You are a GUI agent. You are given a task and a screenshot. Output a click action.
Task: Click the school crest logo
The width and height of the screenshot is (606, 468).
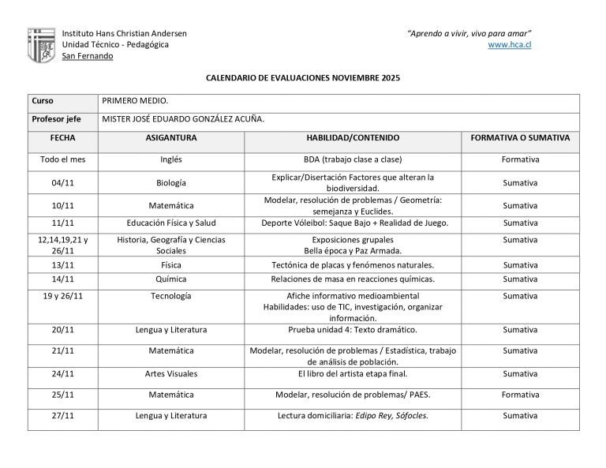41,45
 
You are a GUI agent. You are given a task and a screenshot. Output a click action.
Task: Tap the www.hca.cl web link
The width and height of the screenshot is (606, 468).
510,45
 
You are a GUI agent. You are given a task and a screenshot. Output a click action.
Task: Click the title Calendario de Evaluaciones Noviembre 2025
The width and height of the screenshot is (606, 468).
303,79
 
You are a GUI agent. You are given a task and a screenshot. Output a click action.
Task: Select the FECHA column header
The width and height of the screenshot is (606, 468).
63,137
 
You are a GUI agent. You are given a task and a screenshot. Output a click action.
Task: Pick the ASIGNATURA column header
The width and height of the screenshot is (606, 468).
171,137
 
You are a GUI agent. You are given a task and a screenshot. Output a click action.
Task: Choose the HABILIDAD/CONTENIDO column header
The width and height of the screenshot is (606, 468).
353,137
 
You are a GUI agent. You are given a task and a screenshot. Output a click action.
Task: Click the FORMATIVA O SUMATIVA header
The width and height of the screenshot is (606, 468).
520,137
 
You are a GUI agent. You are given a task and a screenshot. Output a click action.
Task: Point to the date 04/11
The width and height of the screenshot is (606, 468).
63,183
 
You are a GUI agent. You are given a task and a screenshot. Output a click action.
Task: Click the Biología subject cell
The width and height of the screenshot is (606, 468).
171,183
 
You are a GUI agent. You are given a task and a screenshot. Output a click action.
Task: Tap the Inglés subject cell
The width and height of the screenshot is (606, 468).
171,159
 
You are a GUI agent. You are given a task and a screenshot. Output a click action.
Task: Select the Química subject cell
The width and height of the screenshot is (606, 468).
171,279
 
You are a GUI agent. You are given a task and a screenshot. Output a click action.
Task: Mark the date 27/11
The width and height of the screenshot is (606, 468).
63,415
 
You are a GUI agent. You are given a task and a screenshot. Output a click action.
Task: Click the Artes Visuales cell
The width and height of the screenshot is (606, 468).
171,373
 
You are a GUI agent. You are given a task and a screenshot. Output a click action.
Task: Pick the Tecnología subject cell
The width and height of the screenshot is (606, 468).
171,296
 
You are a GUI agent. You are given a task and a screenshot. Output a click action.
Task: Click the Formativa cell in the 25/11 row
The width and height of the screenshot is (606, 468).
520,394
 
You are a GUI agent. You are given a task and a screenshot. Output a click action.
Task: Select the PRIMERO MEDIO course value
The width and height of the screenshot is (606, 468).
136,101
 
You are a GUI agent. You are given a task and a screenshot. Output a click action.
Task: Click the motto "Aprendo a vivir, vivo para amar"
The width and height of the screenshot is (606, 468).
469,33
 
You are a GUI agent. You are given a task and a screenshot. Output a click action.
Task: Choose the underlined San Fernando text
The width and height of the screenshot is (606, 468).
88,56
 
